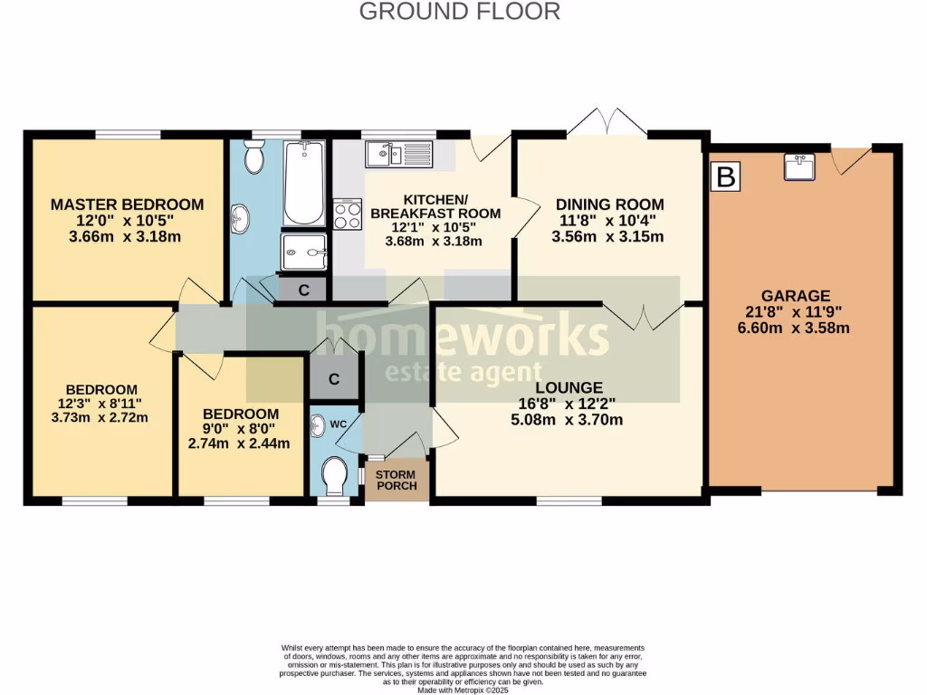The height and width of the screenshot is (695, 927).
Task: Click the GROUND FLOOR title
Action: click(460, 12)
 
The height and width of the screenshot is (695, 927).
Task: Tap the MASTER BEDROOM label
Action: click(126, 205)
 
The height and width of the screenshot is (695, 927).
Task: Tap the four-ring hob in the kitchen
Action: click(349, 215)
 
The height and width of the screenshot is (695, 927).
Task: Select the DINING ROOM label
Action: click(609, 205)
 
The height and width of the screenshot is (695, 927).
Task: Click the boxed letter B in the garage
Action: click(725, 176)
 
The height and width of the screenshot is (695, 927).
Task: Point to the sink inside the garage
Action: click(798, 167)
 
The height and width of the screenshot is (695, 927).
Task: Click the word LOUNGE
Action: click(569, 387)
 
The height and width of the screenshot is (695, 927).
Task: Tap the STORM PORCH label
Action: click(396, 481)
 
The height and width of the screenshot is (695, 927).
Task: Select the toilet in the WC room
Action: click(335, 474)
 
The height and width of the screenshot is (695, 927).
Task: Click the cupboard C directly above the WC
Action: click(334, 379)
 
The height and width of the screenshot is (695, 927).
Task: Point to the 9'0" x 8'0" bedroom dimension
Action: click(239, 428)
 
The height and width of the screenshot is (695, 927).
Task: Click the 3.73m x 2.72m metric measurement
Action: click(100, 417)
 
